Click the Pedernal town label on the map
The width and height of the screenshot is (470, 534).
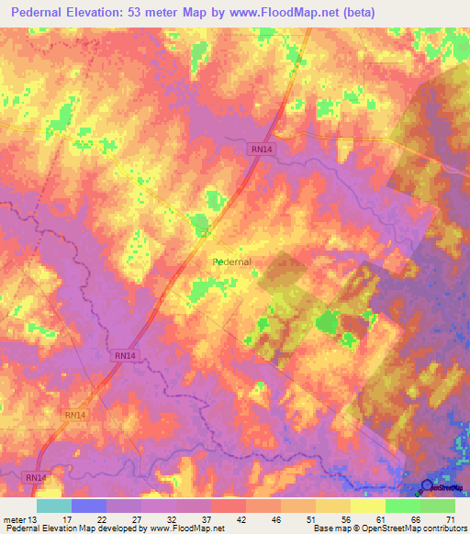pyautogui.click(x=231, y=261)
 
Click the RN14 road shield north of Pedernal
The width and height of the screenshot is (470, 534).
pyautogui.click(x=261, y=149)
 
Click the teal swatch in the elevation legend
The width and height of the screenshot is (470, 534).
pyautogui.click(x=53, y=506)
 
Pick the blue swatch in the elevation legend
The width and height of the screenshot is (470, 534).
pyautogui.click(x=88, y=506)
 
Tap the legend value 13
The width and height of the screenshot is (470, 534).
pyautogui.click(x=33, y=518)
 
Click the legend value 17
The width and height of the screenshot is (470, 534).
pyautogui.click(x=66, y=518)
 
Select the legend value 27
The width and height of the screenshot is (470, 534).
pyautogui.click(x=137, y=518)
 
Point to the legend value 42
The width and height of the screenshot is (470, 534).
pyautogui.click(x=241, y=518)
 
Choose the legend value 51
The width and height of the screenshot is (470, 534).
pyautogui.click(x=311, y=518)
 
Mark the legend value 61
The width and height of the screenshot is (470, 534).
pyautogui.click(x=381, y=518)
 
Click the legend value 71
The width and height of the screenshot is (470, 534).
pyautogui.click(x=451, y=518)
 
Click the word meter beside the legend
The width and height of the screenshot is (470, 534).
pyautogui.click(x=14, y=518)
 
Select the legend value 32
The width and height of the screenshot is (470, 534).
pyautogui.click(x=172, y=518)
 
